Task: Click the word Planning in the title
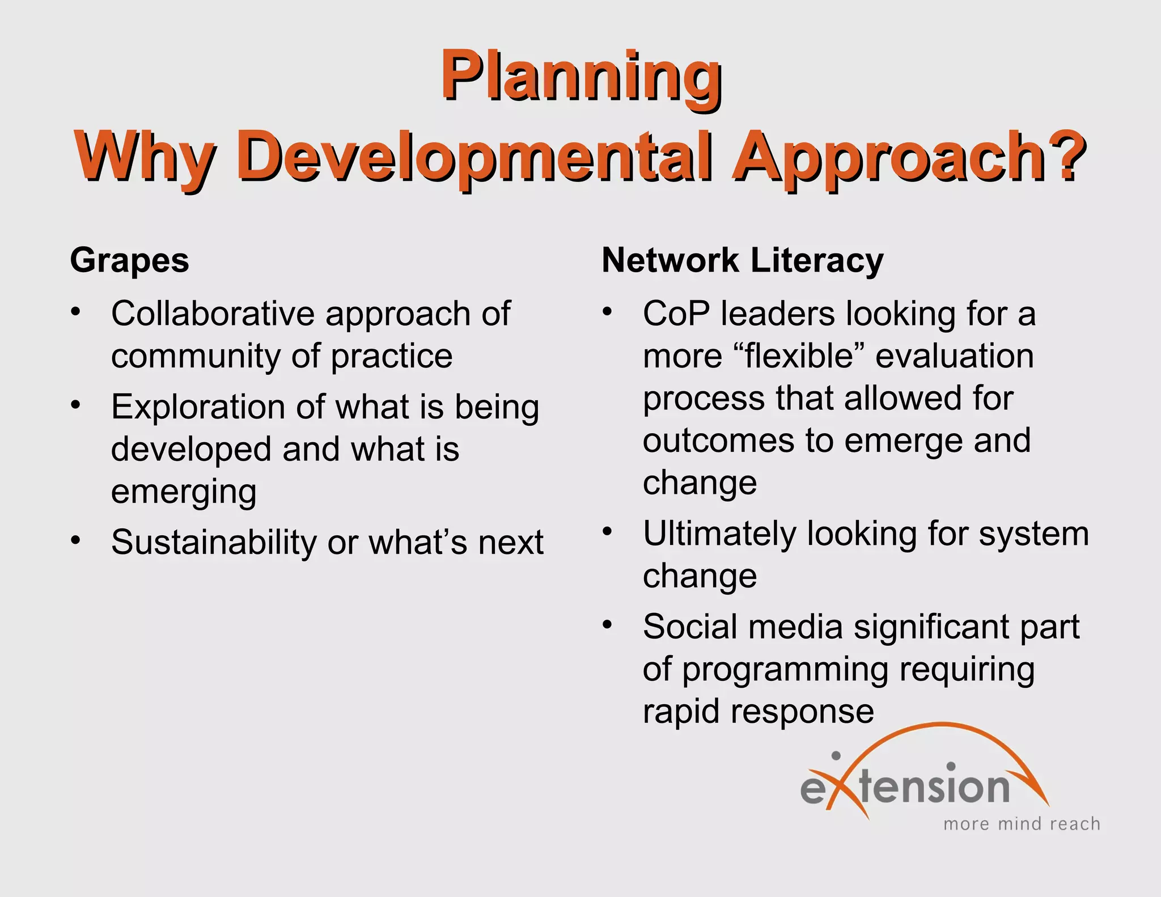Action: coord(580,77)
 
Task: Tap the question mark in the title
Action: coord(1066,154)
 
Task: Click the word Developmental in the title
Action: coord(476,156)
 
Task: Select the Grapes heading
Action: coord(129,261)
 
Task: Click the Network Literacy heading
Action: coord(742,261)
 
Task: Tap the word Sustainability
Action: coord(213,542)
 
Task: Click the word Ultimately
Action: coord(719,534)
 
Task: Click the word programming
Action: coord(785,670)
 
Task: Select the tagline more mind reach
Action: coord(1021,824)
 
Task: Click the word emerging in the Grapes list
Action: coord(184,492)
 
